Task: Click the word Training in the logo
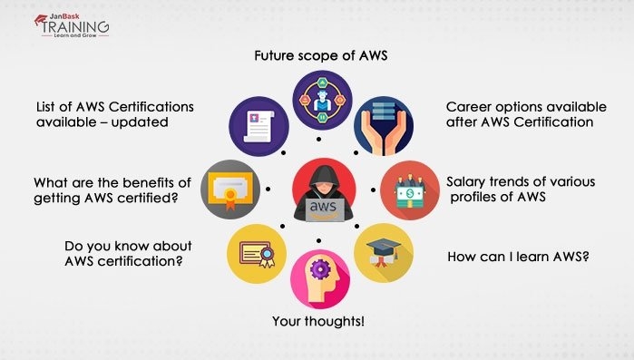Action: (76, 27)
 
